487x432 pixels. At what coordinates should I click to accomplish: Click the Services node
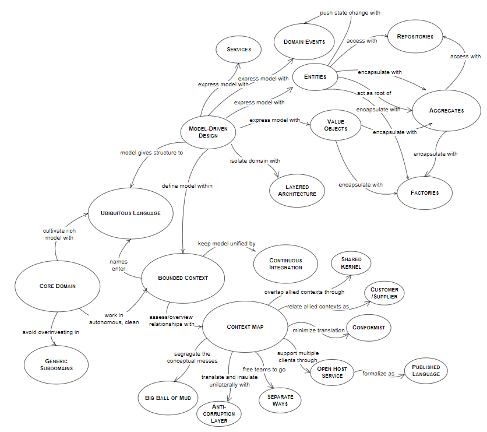pos(238,50)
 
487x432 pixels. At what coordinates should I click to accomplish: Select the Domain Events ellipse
pos(304,41)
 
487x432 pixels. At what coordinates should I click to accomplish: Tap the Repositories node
pos(415,36)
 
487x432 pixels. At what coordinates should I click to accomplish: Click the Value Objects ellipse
pos(336,125)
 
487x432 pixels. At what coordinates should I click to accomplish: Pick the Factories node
pos(425,193)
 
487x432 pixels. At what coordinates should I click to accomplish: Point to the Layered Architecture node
pos(297,191)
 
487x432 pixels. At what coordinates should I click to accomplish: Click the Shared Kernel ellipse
pos(351,263)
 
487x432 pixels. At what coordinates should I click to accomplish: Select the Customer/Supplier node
pos(384,293)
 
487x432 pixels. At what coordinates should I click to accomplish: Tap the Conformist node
pos(368,328)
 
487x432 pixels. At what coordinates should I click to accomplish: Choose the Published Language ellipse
pos(426,371)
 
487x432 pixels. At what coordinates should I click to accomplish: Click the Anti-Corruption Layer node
pos(219,414)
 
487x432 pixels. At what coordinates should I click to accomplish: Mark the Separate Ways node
pos(280,401)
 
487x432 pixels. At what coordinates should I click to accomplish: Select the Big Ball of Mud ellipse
pos(168,398)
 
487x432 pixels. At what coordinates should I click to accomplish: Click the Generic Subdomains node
pos(57,365)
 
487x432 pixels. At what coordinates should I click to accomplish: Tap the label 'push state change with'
pos(350,13)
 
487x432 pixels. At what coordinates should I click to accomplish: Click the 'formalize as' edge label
pos(378,374)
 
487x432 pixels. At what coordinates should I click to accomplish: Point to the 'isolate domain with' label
pos(255,161)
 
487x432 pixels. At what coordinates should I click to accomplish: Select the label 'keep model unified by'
pos(227,244)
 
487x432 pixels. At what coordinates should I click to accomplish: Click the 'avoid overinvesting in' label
pos(51,332)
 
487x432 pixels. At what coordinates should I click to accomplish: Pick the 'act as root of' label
pos(374,93)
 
